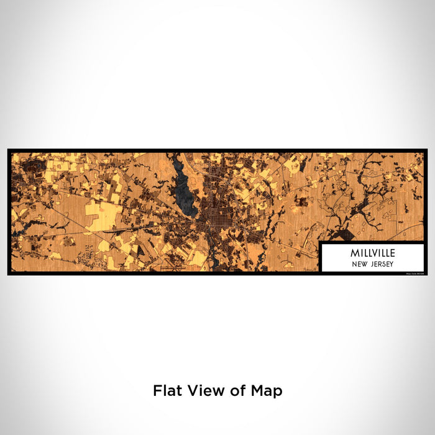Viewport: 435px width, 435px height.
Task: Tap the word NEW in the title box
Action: (360, 263)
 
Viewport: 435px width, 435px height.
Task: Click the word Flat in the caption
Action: (168, 391)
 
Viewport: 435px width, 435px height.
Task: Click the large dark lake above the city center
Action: (185, 193)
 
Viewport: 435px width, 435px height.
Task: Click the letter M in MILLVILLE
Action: (354, 254)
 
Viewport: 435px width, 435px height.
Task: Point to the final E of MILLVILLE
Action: (392, 254)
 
